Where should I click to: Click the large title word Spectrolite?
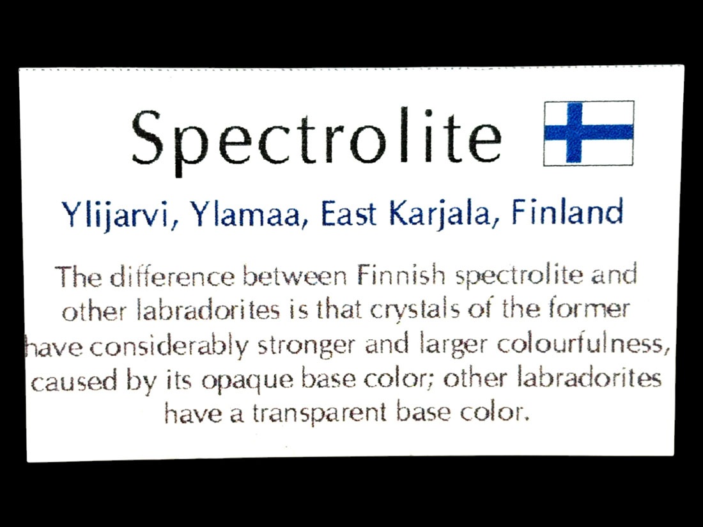(316, 138)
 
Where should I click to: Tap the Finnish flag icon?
(589, 133)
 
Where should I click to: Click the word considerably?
(169, 346)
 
